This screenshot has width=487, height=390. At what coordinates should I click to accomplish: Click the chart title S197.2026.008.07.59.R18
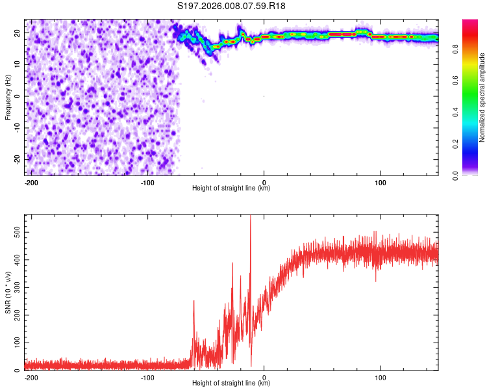(231, 6)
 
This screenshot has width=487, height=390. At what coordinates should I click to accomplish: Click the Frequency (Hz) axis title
(8, 97)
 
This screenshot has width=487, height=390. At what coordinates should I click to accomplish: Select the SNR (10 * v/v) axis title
(8, 292)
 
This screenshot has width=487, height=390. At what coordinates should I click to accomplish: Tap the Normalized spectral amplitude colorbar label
(482, 97)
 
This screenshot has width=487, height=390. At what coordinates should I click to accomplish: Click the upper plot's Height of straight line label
(231, 188)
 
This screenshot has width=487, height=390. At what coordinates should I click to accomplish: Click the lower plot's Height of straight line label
(231, 383)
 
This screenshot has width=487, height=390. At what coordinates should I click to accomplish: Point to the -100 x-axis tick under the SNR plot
(147, 376)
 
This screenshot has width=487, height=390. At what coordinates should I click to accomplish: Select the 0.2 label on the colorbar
(455, 144)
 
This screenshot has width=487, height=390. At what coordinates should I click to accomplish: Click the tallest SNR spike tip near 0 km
(251, 216)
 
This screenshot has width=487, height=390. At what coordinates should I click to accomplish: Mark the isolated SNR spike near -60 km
(194, 301)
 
